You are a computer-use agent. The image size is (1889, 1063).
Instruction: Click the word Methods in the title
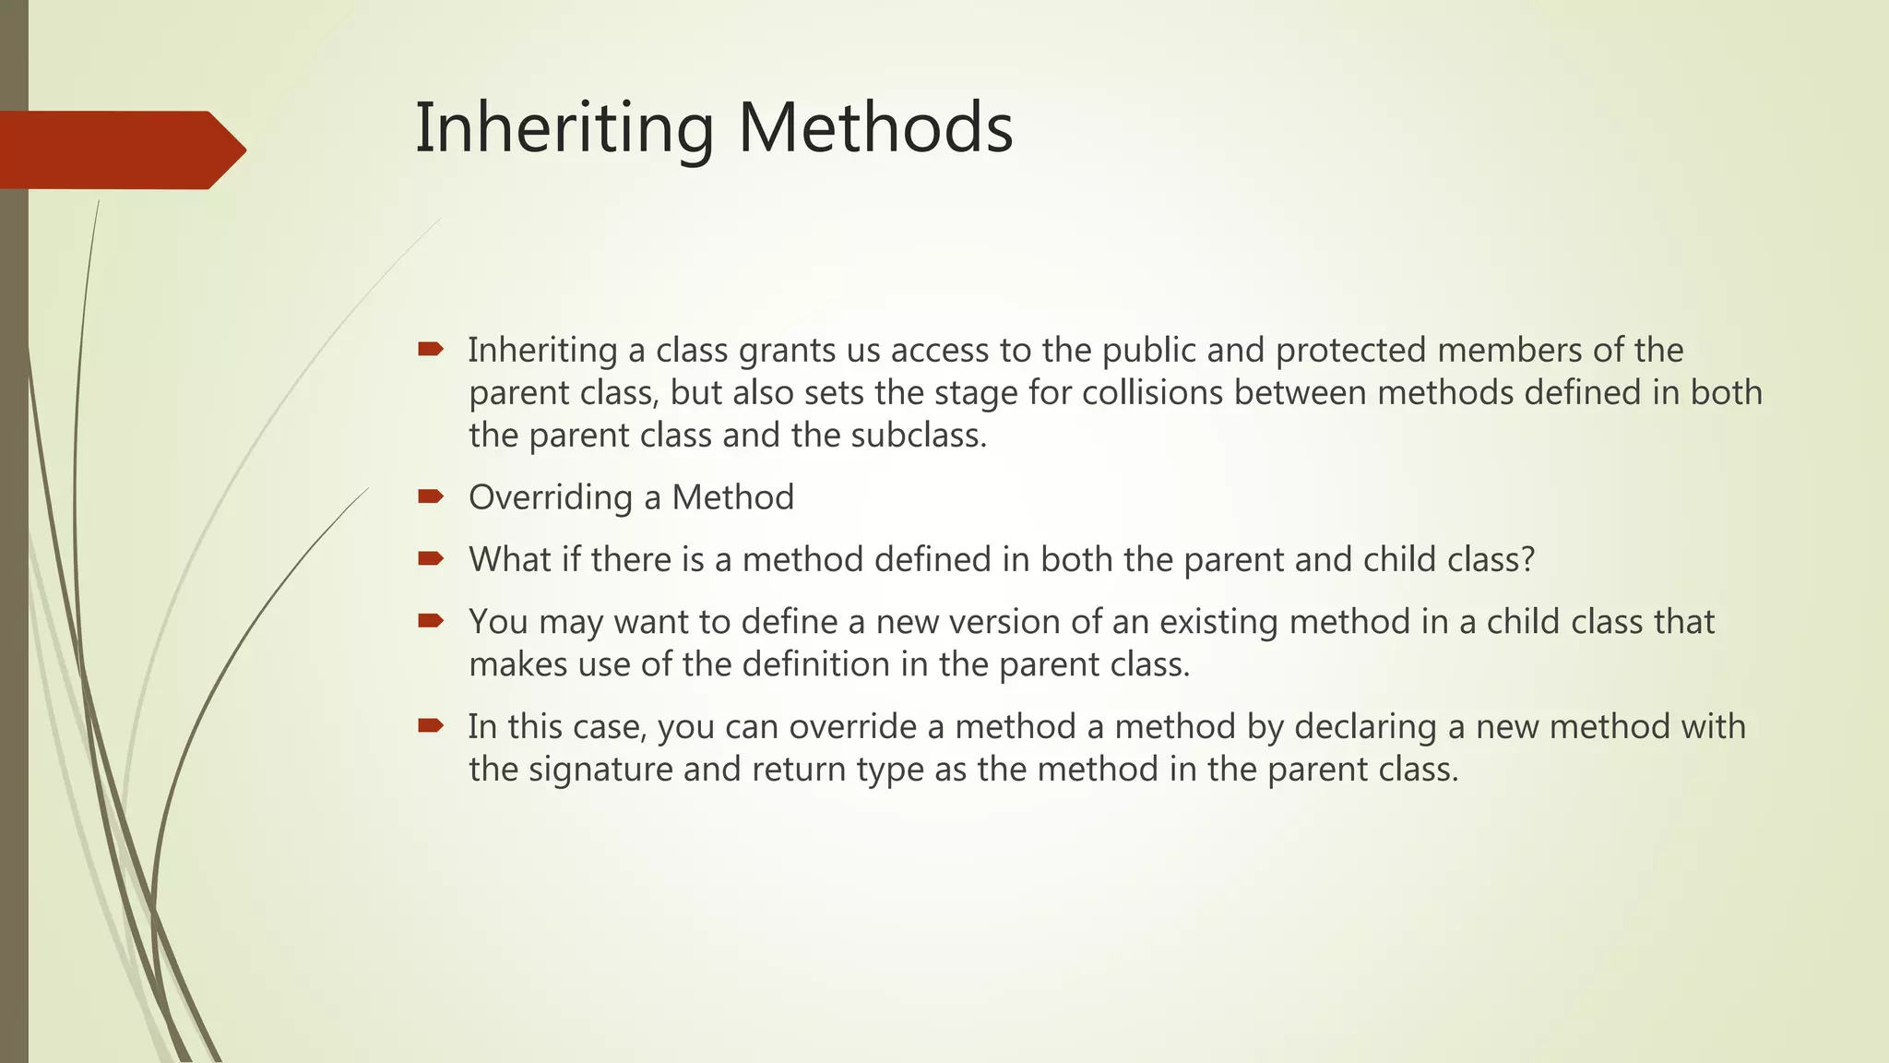[875, 128]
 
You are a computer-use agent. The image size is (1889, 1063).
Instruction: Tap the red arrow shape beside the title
[120, 149]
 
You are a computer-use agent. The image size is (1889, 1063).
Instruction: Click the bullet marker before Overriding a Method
[430, 496]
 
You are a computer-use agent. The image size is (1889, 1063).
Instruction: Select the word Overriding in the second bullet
[551, 498]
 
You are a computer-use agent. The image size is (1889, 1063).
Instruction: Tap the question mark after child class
[1527, 560]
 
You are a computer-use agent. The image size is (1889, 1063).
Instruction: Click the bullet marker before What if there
[430, 558]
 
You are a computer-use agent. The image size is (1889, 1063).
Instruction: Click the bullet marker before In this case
[430, 725]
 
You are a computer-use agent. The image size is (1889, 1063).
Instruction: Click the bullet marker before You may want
[430, 620]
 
